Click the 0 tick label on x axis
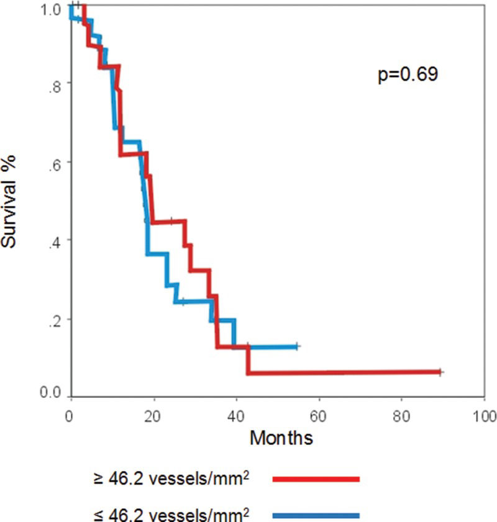70,414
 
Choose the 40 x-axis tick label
235,414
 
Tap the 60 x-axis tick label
318,414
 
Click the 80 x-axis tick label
401,414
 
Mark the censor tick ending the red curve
440,372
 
